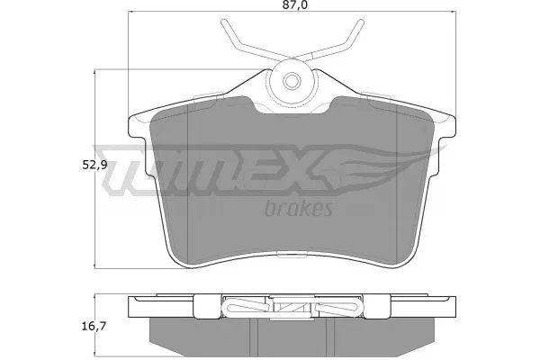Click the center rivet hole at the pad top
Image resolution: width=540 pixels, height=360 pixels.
tap(293, 80)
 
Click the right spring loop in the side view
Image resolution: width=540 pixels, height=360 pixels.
tap(343, 308)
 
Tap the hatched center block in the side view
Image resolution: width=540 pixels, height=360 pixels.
tap(292, 307)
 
